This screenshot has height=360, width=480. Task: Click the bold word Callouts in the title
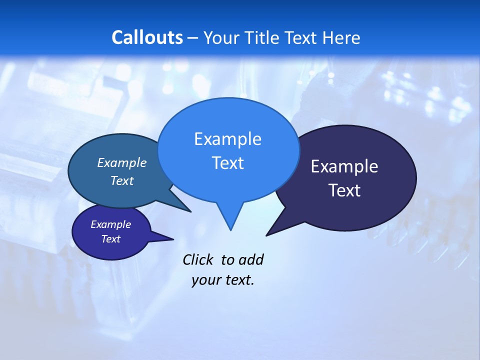[x=147, y=37]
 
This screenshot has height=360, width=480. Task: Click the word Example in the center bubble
[x=227, y=139]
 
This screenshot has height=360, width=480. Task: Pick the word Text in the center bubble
[x=227, y=163]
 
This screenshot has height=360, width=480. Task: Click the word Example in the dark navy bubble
[x=344, y=166]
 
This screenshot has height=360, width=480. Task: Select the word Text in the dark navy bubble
[x=344, y=190]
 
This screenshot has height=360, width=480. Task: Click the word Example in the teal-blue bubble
[x=122, y=162]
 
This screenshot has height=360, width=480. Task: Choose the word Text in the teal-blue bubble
[x=122, y=180]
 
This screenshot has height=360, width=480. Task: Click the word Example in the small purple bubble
[x=110, y=224]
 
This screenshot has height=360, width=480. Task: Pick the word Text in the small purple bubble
[x=110, y=239]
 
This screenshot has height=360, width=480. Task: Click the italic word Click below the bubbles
[x=197, y=259]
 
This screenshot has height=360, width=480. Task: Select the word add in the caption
[x=251, y=259]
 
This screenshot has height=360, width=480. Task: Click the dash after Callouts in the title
[x=193, y=38]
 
